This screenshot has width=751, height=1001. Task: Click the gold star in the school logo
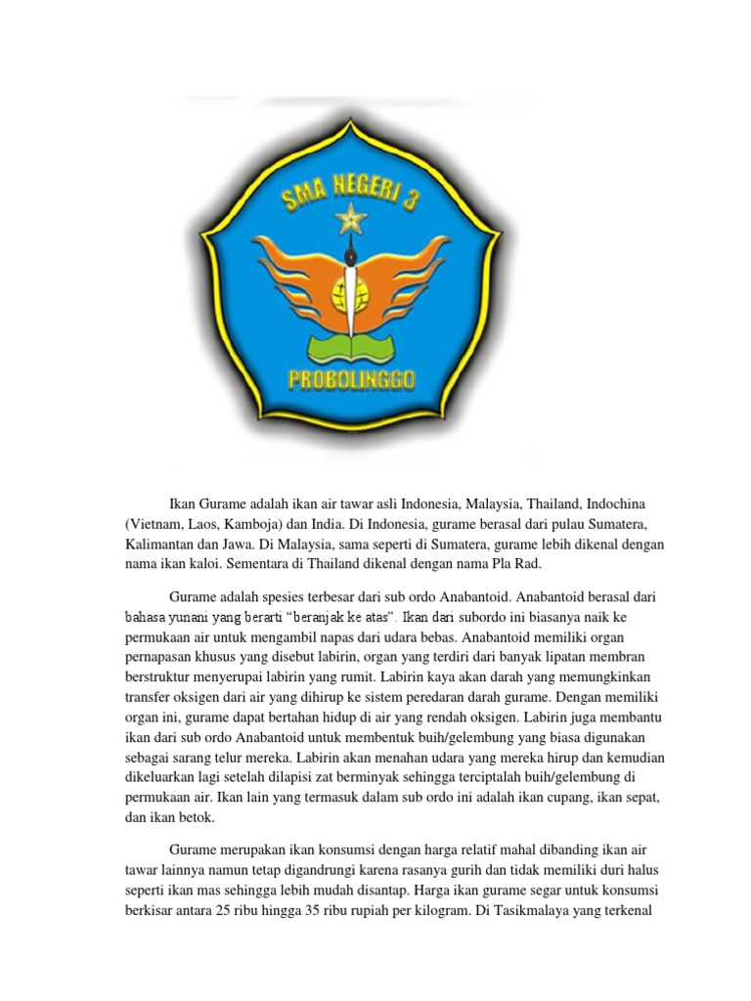[349, 221]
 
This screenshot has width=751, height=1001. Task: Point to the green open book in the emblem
[348, 345]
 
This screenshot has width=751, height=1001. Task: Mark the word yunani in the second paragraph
[204, 617]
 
